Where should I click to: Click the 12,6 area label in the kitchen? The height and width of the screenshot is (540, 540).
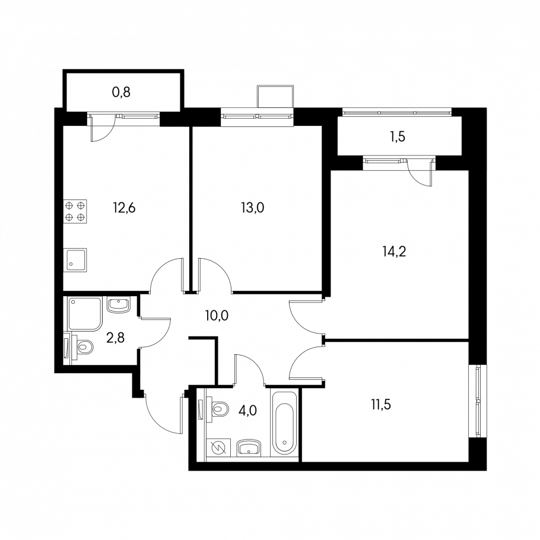(x=125, y=208)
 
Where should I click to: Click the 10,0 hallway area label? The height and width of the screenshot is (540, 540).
(x=216, y=315)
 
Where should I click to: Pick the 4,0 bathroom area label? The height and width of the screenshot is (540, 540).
(x=248, y=411)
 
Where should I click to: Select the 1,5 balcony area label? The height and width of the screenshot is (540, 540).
(x=398, y=136)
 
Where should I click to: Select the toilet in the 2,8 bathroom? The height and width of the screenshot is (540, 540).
(x=84, y=346)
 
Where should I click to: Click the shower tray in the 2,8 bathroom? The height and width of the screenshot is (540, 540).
(x=85, y=313)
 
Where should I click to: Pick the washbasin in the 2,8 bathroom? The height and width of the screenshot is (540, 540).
(x=119, y=305)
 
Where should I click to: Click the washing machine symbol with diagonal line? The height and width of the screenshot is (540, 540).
(x=218, y=447)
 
